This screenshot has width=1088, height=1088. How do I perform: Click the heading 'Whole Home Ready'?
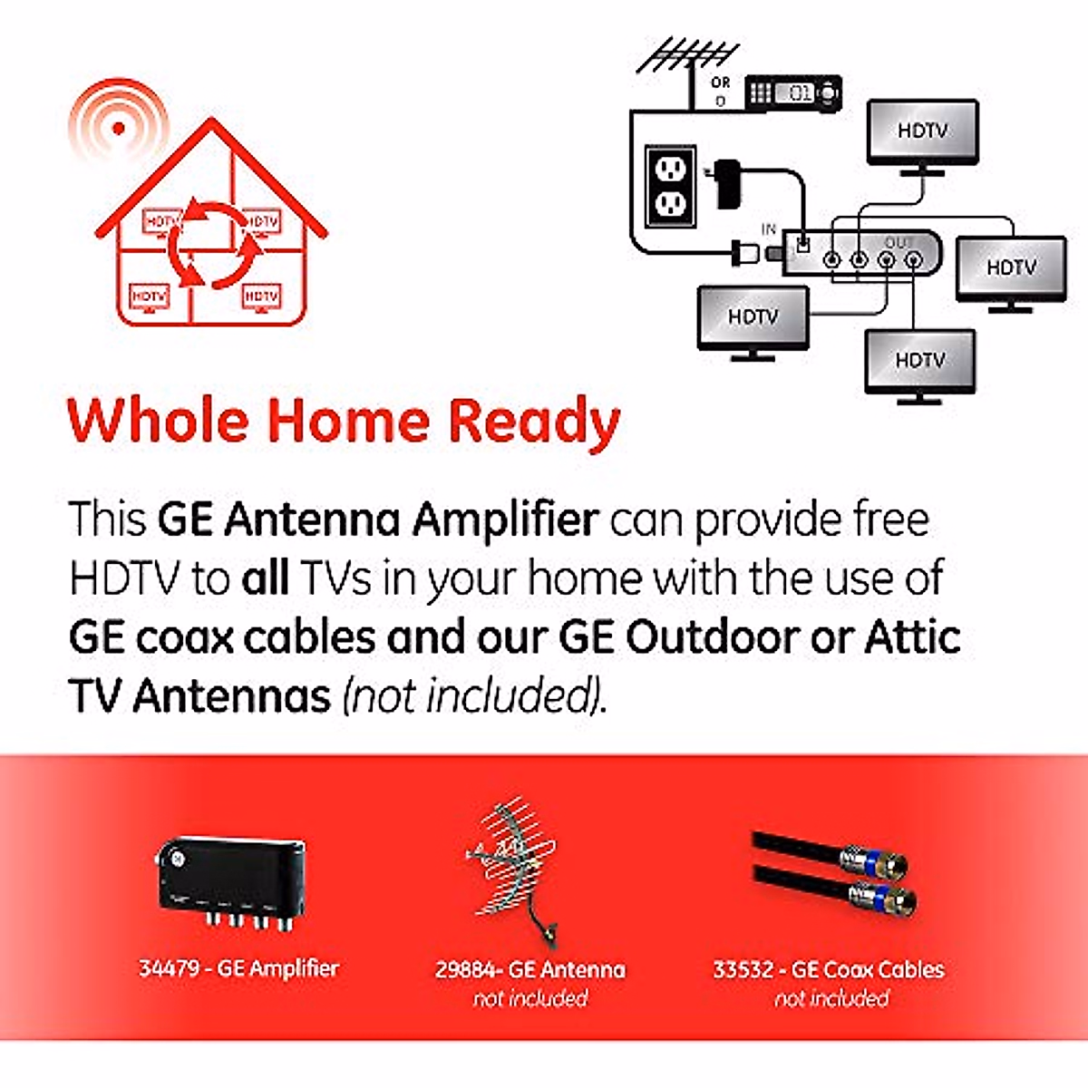click(x=344, y=422)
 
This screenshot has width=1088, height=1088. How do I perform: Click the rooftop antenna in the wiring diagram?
click(x=687, y=56)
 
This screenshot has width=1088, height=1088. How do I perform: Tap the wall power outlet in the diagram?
click(x=670, y=187)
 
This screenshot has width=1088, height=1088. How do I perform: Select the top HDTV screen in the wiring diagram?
click(x=922, y=132)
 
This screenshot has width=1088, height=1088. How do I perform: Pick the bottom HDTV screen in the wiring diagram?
click(x=919, y=361)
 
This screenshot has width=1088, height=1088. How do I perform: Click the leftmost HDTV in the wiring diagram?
click(x=753, y=317)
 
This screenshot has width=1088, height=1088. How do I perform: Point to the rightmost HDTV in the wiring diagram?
click(x=1011, y=268)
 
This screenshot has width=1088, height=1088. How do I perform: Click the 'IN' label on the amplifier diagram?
click(x=768, y=229)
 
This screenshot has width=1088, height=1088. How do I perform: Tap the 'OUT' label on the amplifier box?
click(x=897, y=243)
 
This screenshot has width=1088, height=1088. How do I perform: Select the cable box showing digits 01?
click(x=792, y=92)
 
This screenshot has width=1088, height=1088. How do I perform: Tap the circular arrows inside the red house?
click(x=212, y=243)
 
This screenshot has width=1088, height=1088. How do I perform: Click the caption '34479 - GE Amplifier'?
click(x=238, y=968)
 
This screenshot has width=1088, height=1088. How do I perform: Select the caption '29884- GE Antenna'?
click(x=529, y=970)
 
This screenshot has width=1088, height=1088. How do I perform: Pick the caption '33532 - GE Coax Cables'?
click(x=829, y=970)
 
